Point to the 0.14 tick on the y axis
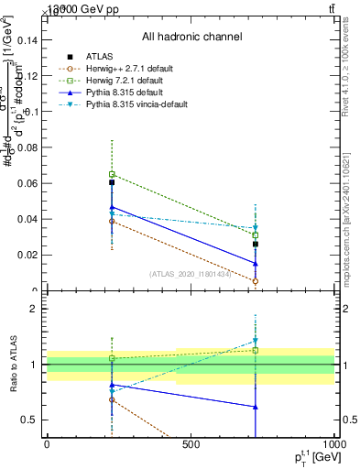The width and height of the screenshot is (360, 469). point(26,40)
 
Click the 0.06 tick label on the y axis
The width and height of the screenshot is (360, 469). point(26,183)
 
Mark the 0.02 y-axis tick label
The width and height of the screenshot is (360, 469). point(26,256)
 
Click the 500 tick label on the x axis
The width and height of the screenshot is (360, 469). point(191,445)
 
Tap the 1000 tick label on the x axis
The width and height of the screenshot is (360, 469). point(332,445)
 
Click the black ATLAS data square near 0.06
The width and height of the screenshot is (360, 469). point(112,182)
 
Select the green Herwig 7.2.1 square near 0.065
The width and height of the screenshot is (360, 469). point(112,174)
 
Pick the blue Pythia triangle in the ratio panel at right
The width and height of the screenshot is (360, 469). point(256,407)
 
